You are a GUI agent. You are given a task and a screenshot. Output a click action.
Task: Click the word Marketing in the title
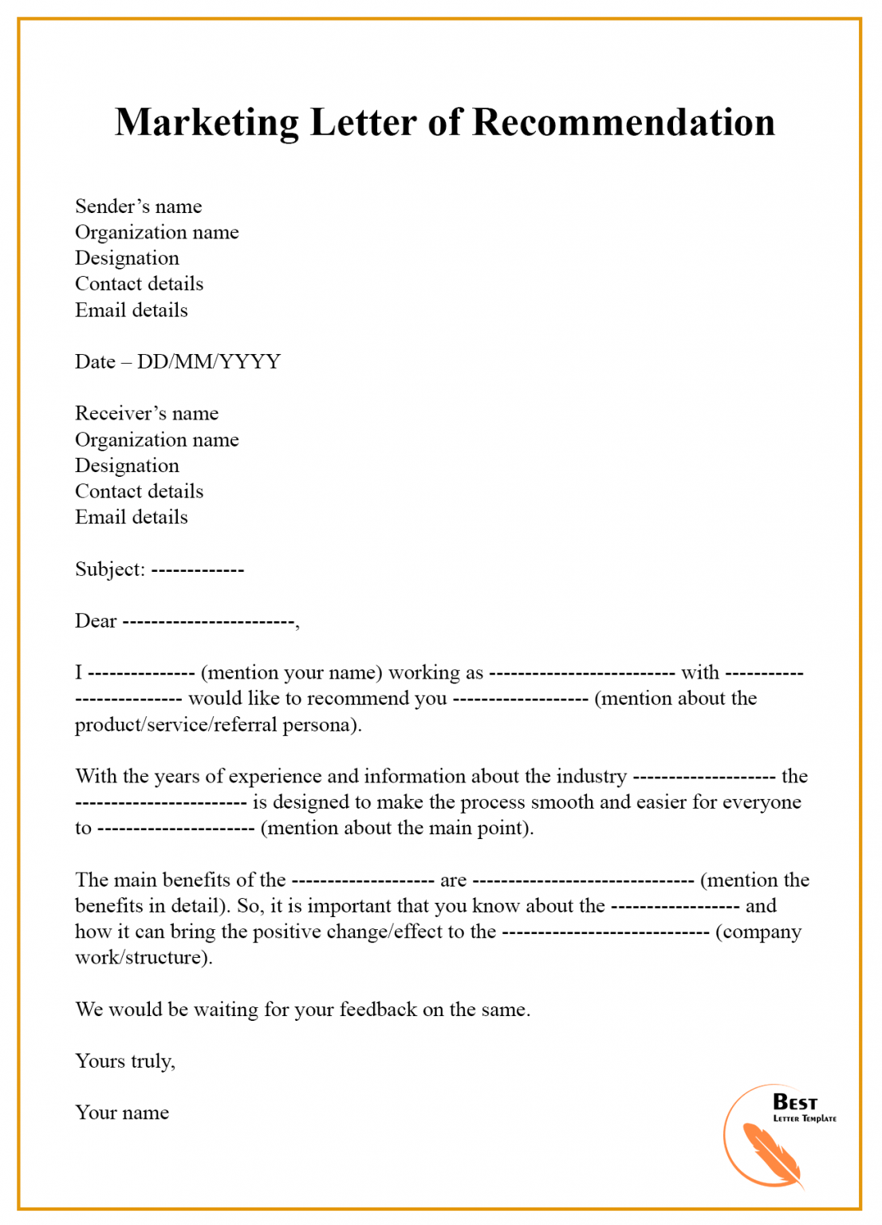pos(207,124)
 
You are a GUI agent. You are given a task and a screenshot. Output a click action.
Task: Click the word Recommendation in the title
pos(623,123)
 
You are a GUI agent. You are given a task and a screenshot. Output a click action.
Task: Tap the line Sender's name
pos(138,207)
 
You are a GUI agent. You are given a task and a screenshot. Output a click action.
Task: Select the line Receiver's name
pos(146,413)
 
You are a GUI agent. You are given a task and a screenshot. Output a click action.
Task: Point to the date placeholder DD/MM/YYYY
pos(208,362)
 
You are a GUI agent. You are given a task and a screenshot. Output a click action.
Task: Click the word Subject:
pos(110,569)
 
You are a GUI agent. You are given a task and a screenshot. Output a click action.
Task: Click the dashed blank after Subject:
pos(197,570)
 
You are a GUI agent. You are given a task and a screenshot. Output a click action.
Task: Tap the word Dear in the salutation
pos(96,621)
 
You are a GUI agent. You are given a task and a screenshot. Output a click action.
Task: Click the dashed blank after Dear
pos(209,622)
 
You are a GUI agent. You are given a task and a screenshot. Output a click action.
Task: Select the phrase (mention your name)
pos(291,673)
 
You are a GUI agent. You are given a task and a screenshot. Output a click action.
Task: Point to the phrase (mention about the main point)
pos(396,828)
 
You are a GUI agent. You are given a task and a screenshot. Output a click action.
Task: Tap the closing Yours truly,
pos(125,1062)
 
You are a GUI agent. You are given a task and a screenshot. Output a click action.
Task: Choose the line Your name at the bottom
pos(122,1113)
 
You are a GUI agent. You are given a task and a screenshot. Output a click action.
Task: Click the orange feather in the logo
pos(770,1153)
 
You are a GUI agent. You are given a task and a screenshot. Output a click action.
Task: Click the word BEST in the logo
pos(794,1102)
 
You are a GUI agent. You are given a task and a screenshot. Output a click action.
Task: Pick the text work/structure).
pos(144,958)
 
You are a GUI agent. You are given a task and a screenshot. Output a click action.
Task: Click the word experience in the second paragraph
pos(276,777)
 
